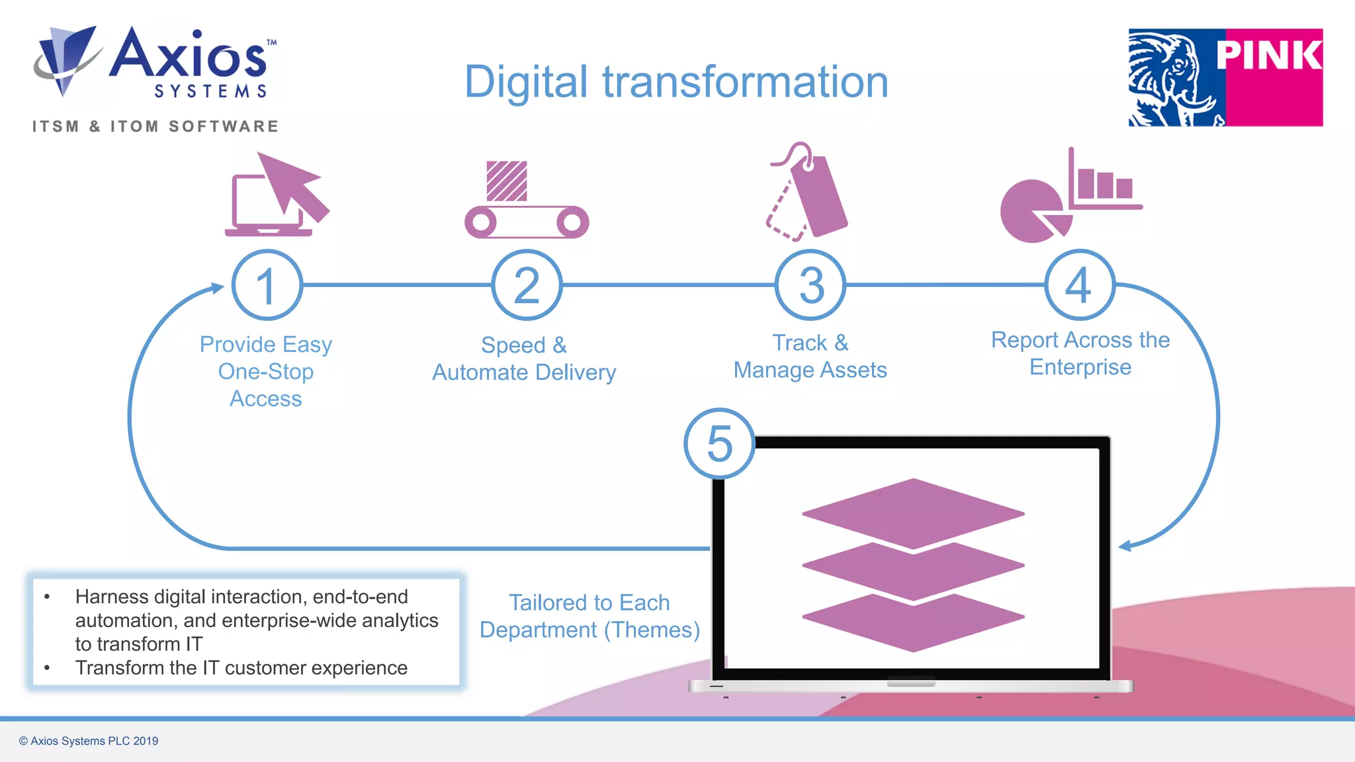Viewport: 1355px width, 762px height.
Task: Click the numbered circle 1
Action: point(267,285)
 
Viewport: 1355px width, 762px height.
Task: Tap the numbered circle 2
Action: point(527,285)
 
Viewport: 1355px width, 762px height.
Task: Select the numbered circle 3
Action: point(810,285)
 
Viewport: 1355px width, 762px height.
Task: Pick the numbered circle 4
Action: point(1080,285)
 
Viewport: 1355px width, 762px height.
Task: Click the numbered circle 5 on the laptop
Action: point(719,443)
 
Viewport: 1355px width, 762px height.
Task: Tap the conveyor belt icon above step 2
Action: point(527,202)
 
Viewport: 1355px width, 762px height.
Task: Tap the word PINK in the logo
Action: point(1269,54)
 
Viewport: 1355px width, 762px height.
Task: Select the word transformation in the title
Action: point(745,82)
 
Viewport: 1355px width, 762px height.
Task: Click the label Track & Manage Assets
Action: point(810,357)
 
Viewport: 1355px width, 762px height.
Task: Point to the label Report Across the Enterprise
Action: point(1080,353)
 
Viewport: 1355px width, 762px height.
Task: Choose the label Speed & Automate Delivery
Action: point(524,359)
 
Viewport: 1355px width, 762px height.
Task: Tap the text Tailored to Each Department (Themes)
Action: point(589,616)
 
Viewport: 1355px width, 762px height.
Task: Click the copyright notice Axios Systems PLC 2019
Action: point(89,741)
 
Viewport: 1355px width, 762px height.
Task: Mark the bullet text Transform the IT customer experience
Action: point(241,668)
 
